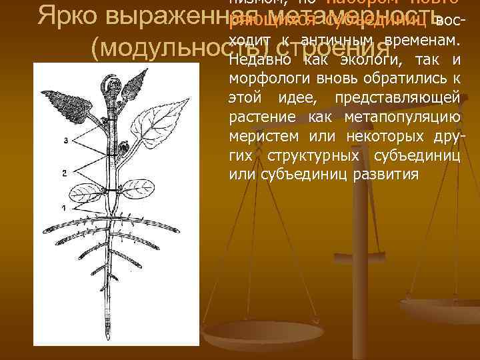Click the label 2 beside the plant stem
pos(63,173)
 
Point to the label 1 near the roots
pos(63,209)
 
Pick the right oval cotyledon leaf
pos(139,186)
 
